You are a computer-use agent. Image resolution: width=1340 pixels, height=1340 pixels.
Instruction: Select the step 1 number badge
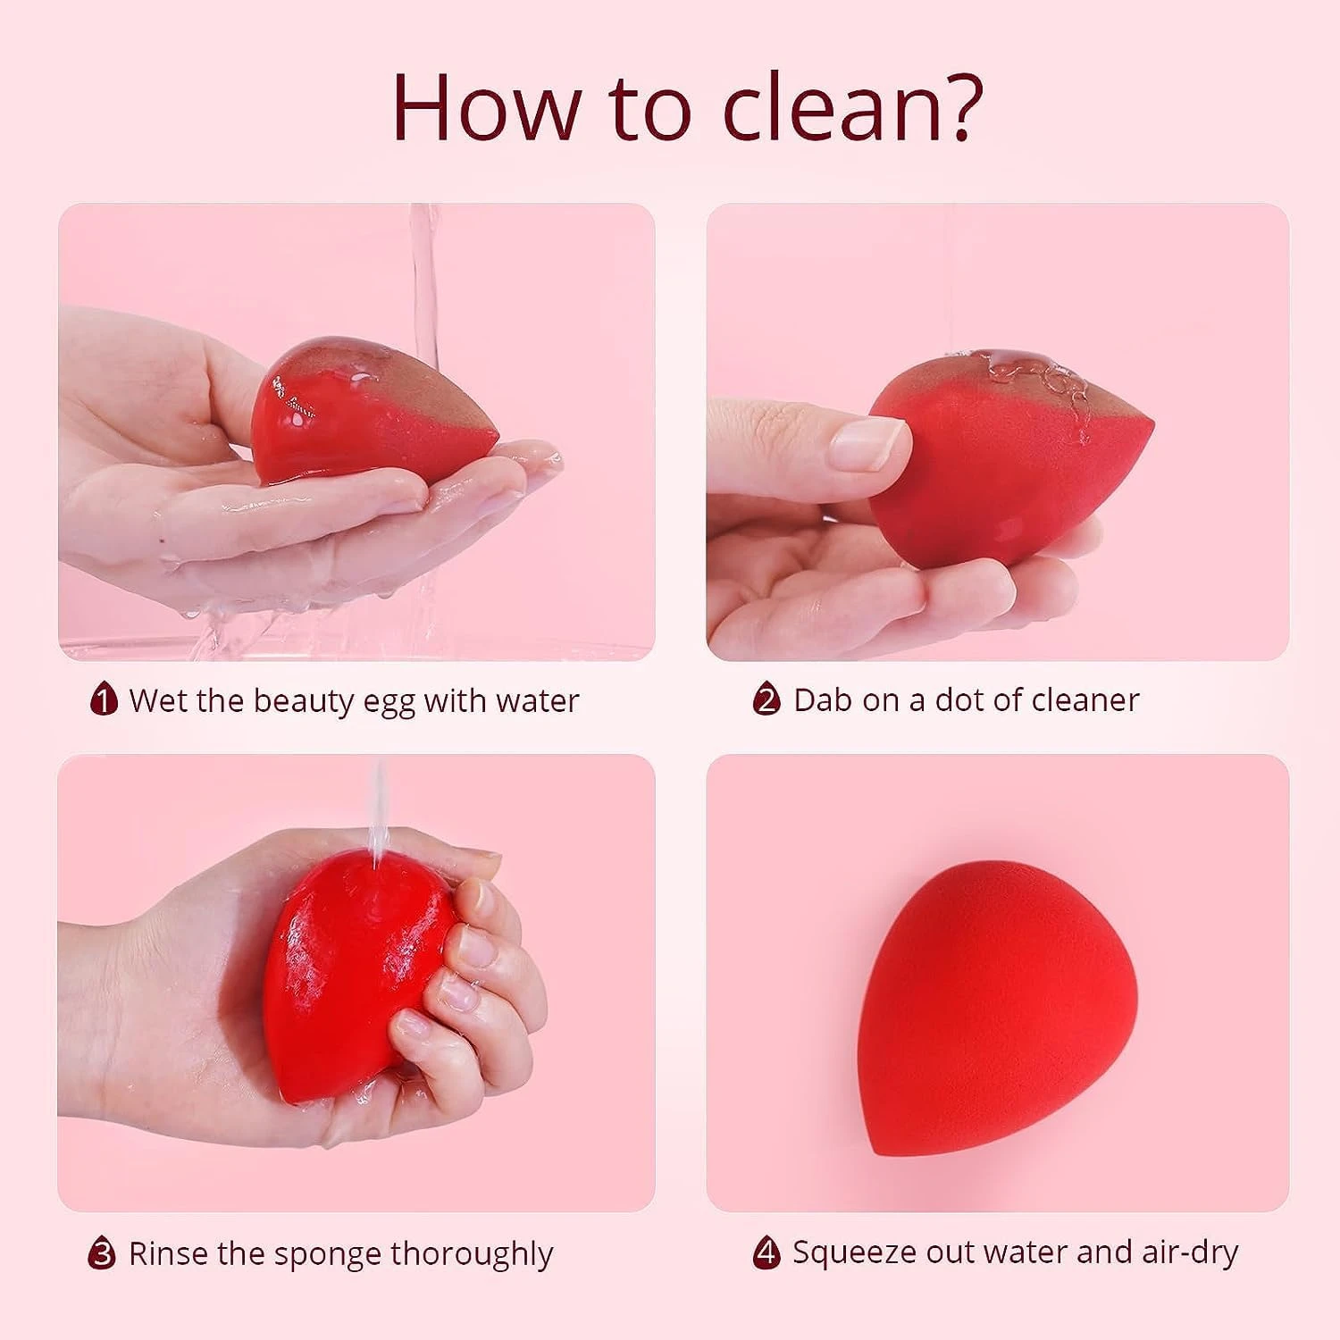click(104, 699)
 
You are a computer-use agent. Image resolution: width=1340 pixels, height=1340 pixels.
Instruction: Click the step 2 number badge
click(766, 699)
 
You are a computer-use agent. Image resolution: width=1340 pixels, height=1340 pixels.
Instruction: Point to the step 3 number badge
click(102, 1252)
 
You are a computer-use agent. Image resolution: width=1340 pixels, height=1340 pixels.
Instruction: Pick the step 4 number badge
click(766, 1252)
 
